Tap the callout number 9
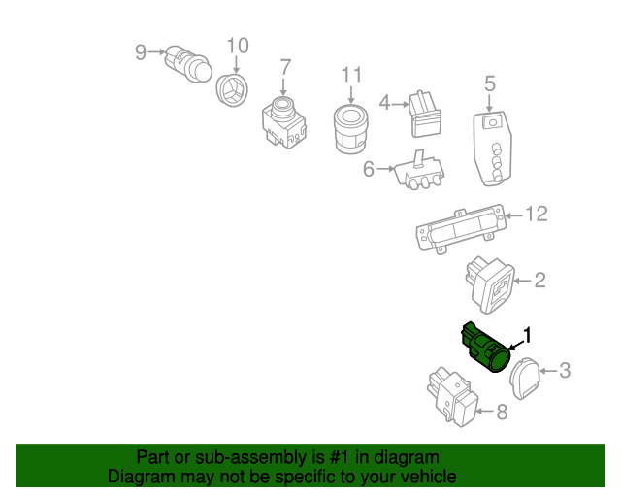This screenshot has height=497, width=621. click(140, 51)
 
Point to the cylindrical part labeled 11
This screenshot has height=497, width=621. click(350, 129)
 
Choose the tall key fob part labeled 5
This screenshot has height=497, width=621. click(492, 148)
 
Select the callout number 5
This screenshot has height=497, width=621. click(489, 83)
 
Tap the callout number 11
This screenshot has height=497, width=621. click(350, 75)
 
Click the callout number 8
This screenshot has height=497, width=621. click(502, 413)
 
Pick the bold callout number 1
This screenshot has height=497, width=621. click(528, 336)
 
